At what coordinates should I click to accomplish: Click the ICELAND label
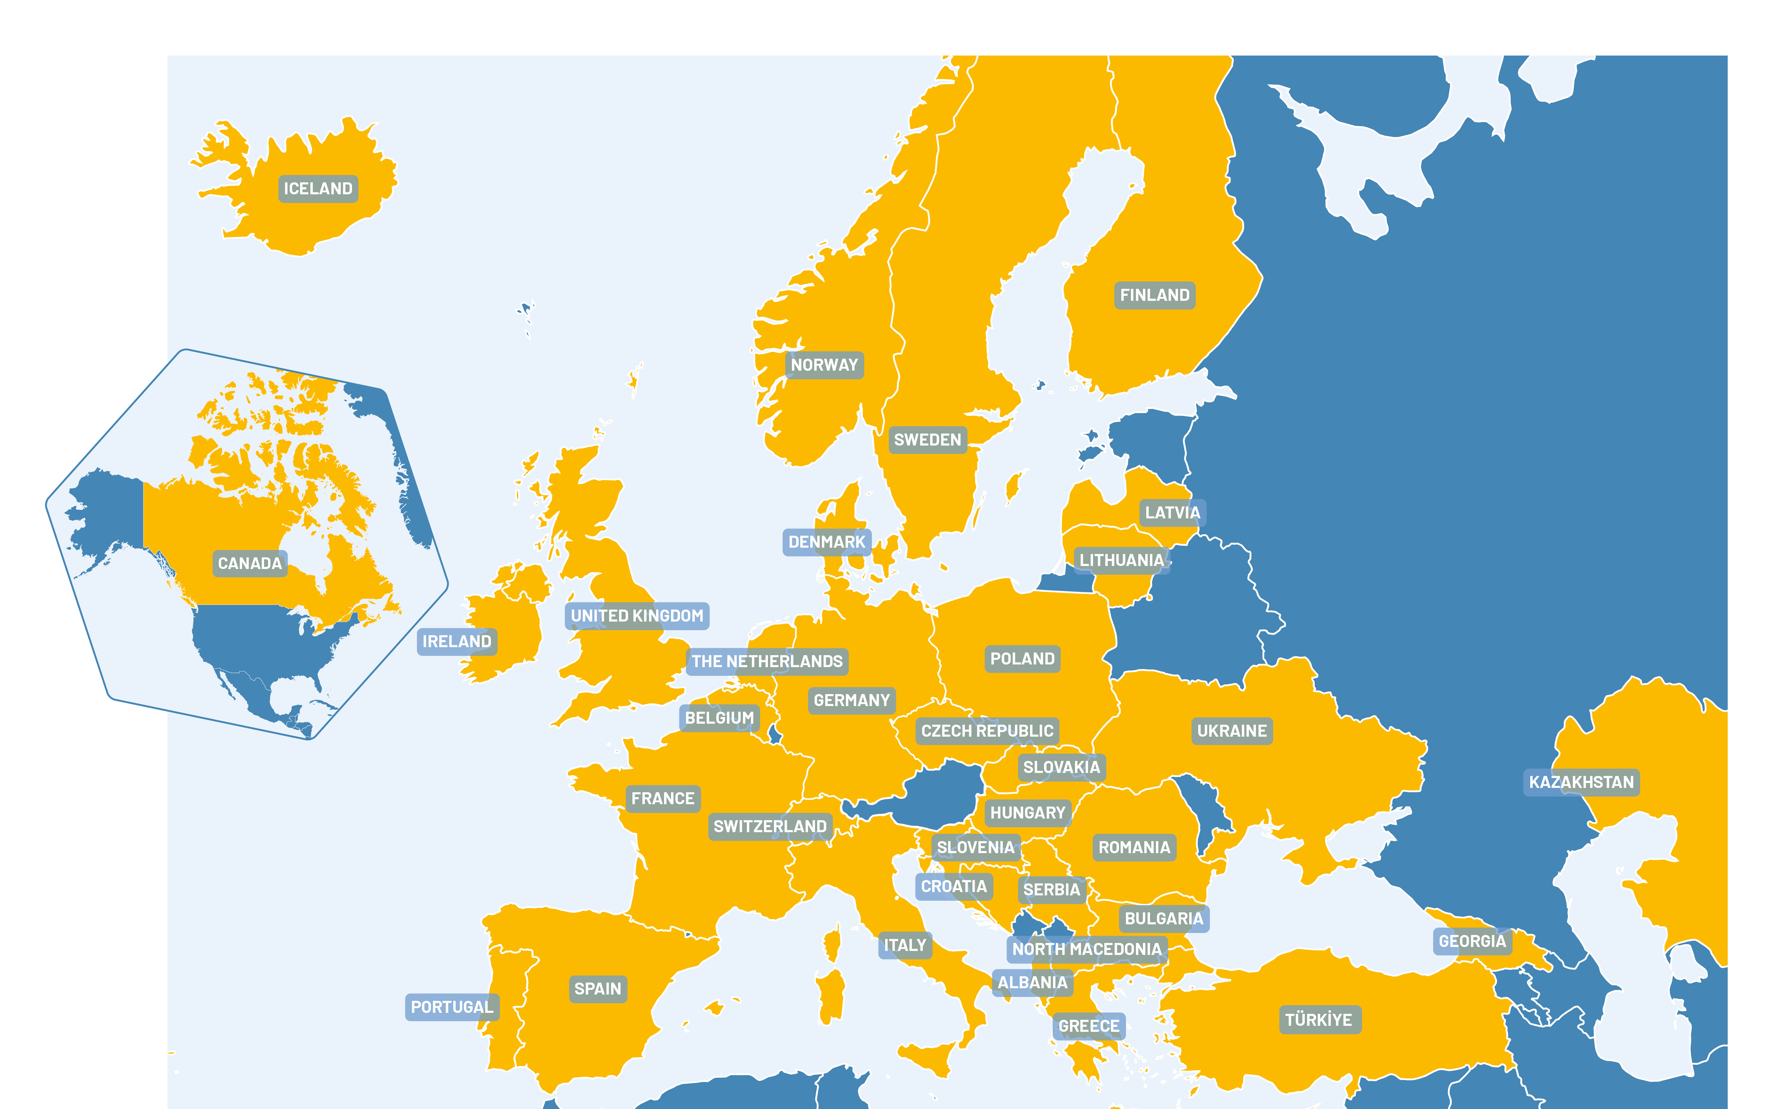[318, 189]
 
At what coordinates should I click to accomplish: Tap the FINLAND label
[1154, 295]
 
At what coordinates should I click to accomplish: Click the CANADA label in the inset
[249, 563]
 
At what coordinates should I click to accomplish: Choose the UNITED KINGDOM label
[636, 615]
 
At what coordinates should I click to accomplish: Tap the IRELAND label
[457, 641]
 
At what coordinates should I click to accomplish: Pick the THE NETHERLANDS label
[767, 661]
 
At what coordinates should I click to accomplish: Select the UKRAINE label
[1232, 731]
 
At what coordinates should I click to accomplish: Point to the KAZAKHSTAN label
[1581, 782]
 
